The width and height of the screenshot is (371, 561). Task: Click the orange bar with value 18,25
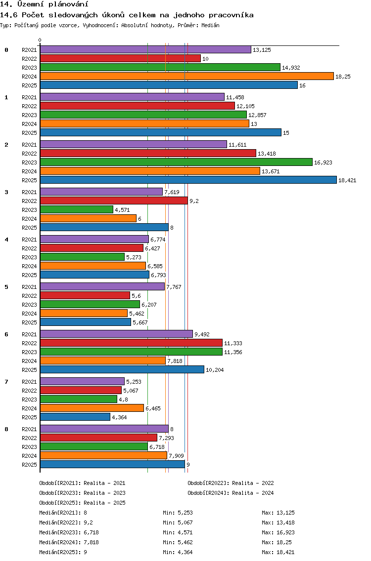187,76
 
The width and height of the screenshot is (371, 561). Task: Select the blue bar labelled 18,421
188,180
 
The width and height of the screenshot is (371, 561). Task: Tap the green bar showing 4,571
76,210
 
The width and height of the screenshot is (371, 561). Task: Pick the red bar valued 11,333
131,343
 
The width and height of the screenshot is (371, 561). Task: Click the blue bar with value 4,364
75,417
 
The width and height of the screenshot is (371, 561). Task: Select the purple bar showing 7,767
102,286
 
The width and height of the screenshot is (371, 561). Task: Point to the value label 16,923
323,162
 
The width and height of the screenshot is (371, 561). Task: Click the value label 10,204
215,370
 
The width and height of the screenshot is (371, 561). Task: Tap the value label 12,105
245,106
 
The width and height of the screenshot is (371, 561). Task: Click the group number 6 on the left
6,334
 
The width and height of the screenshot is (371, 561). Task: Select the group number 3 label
6,192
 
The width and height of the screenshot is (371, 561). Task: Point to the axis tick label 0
40,40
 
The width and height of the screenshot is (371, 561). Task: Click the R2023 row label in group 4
29,257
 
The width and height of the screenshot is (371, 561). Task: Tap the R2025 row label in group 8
29,465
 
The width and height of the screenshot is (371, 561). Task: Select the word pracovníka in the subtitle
231,15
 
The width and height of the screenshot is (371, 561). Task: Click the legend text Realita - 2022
253,483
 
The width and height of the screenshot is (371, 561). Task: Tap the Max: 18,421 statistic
278,552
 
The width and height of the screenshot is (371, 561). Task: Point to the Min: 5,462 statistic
178,542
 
